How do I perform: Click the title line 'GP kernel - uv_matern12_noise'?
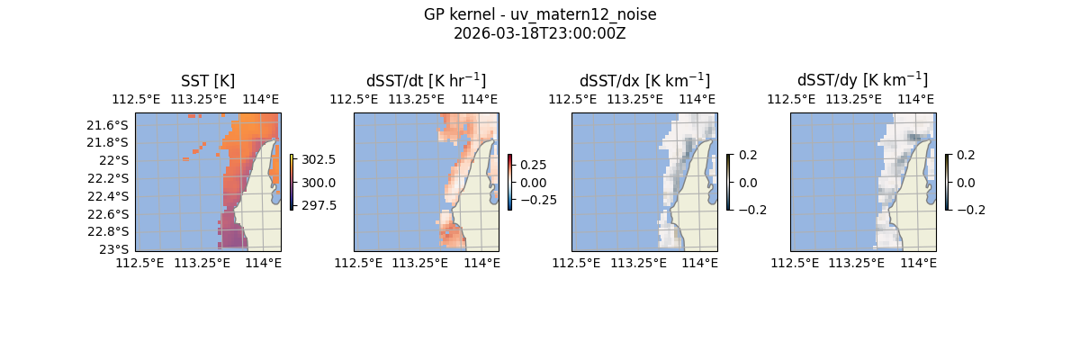point(540,14)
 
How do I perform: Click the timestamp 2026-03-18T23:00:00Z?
point(540,33)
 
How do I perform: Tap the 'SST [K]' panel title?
point(208,80)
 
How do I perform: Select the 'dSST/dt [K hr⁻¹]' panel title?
point(426,80)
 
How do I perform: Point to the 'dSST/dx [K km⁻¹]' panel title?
point(644,80)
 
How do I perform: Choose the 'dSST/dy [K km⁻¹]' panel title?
point(862,80)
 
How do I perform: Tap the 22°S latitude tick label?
point(117,160)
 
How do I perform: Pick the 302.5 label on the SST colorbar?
point(319,159)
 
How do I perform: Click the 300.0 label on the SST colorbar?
point(319,182)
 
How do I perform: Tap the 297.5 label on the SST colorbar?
point(319,204)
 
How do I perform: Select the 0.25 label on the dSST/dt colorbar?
point(534,165)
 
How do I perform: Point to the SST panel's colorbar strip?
point(292,182)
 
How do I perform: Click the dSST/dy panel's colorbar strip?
point(947,182)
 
